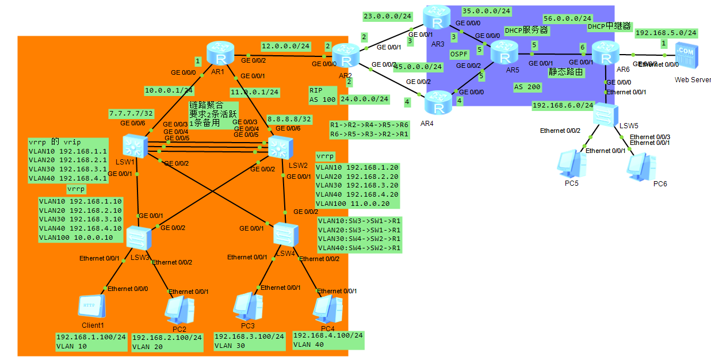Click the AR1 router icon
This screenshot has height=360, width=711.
pos(220,55)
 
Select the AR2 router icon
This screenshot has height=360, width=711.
pos(345,56)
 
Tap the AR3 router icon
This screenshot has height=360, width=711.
pos(438,20)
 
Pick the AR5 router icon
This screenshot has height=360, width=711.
pos(504,56)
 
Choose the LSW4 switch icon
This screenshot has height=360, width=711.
pos(285,234)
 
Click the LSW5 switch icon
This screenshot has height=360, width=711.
pos(607,114)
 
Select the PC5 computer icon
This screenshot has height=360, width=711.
pos(571,163)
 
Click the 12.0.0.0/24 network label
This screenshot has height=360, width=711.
pos(285,45)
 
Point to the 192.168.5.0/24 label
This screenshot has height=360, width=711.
pos(666,33)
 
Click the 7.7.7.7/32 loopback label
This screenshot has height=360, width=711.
pos(132,114)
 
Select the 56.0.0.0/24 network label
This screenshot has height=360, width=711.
pos(567,18)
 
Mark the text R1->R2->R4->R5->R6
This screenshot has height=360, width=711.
pos(369,125)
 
